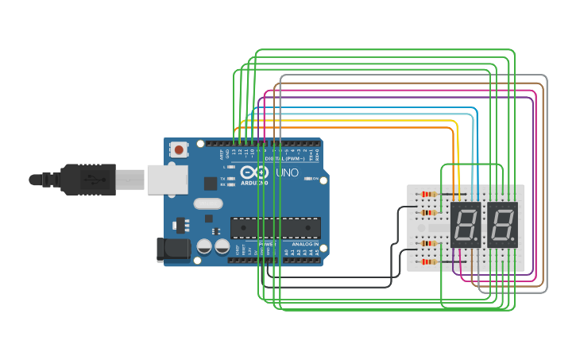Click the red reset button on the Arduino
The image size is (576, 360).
click(180, 149)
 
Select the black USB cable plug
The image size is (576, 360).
click(87, 180)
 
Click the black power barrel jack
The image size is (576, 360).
click(172, 250)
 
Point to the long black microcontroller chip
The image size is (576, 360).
click(276, 227)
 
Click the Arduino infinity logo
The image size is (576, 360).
click(254, 172)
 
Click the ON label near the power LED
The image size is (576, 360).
click(315, 179)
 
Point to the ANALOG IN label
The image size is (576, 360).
click(305, 244)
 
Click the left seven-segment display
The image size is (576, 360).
click(465, 224)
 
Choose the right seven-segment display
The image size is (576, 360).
click(502, 224)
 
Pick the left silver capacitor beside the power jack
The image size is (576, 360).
click(204, 246)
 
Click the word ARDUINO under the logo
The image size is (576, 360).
click(254, 183)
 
